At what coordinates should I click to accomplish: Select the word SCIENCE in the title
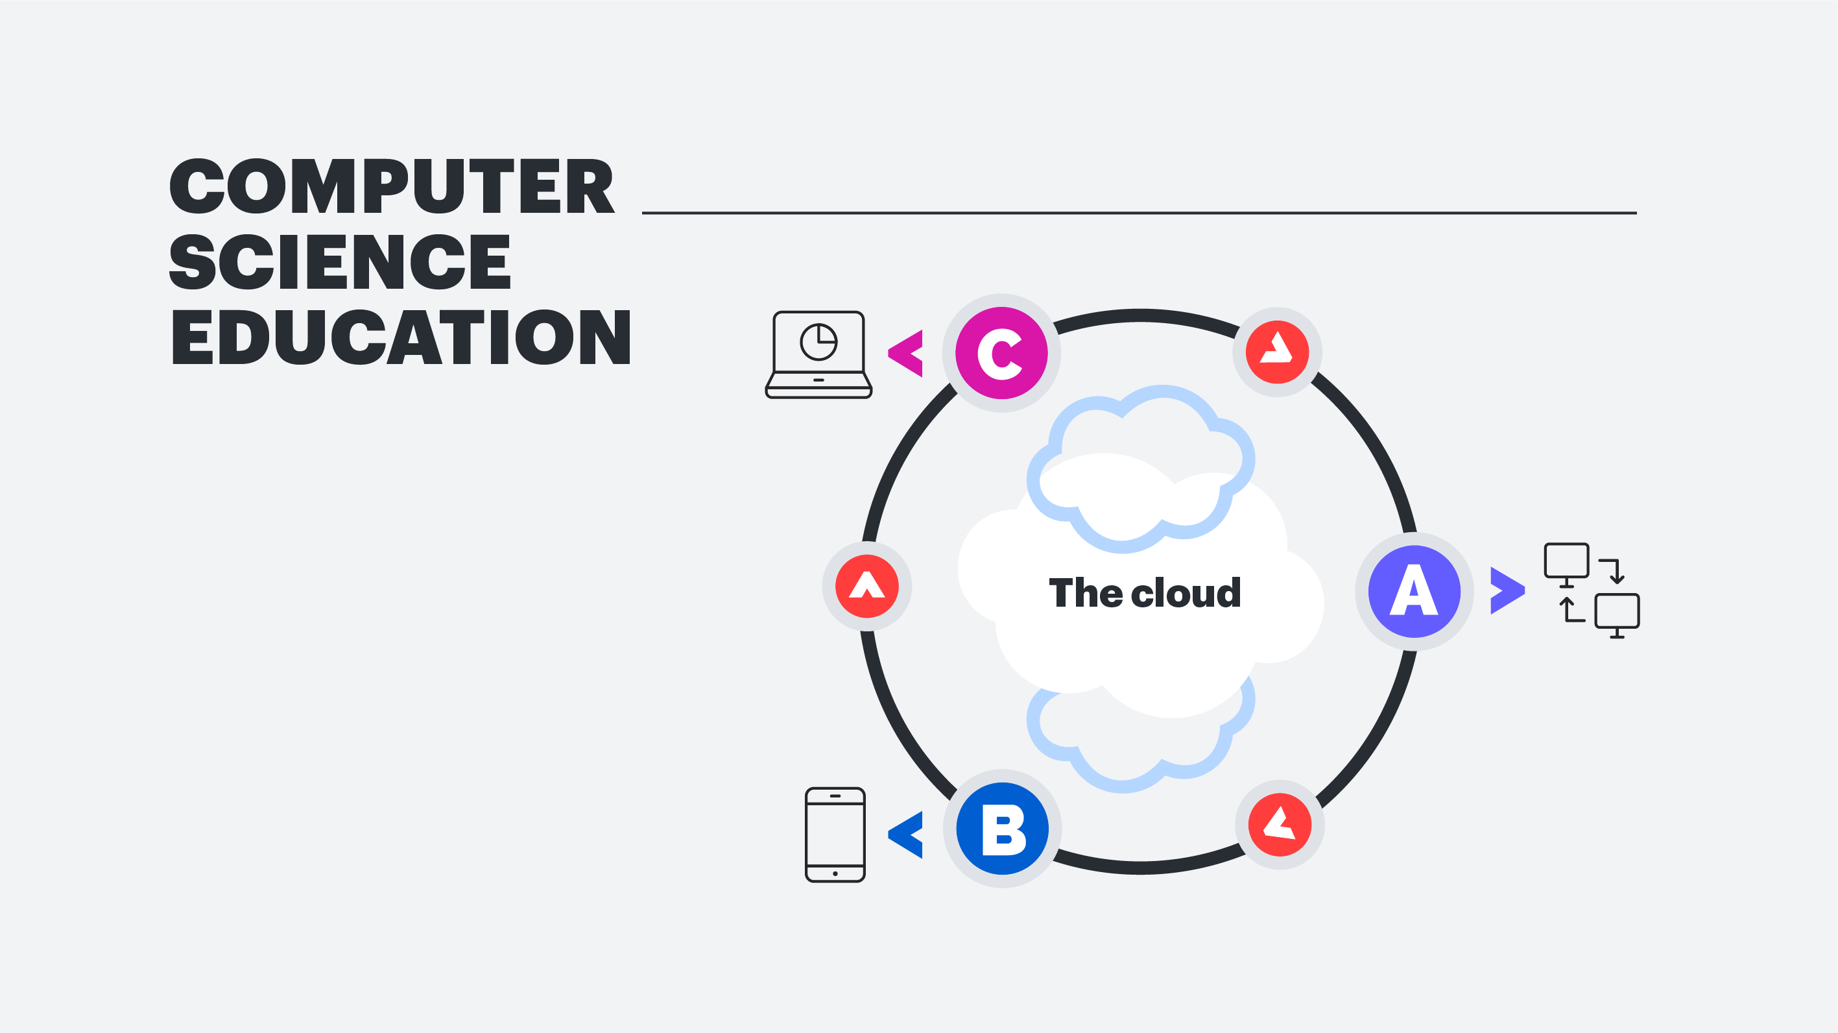[x=340, y=262]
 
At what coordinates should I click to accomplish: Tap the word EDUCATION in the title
[x=400, y=337]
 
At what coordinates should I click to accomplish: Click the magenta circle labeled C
[x=1001, y=353]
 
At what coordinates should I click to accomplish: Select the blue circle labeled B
[x=1003, y=829]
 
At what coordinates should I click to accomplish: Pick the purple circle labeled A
[x=1414, y=591]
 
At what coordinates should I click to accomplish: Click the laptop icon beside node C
[x=818, y=355]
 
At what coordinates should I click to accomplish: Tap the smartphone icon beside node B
[x=835, y=834]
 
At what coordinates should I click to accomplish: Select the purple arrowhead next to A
[x=1506, y=590]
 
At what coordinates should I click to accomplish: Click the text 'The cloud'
[x=1145, y=592]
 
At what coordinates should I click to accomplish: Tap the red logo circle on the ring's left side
[x=866, y=586]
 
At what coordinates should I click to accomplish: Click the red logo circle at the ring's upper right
[x=1277, y=352]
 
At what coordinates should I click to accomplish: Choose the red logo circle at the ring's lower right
[x=1280, y=825]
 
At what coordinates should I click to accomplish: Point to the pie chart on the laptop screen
[x=818, y=342]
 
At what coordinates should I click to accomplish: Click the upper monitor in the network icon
[x=1566, y=562]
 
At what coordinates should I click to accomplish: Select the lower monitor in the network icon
[x=1617, y=613]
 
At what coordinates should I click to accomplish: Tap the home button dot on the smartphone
[x=835, y=873]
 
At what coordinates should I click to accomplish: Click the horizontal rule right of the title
[x=1139, y=213]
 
